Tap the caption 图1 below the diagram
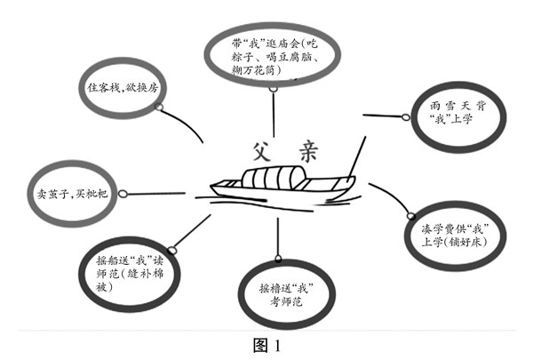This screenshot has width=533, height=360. (267, 344)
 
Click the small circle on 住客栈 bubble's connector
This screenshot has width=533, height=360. (159, 107)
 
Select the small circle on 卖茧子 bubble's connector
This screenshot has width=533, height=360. (123, 191)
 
